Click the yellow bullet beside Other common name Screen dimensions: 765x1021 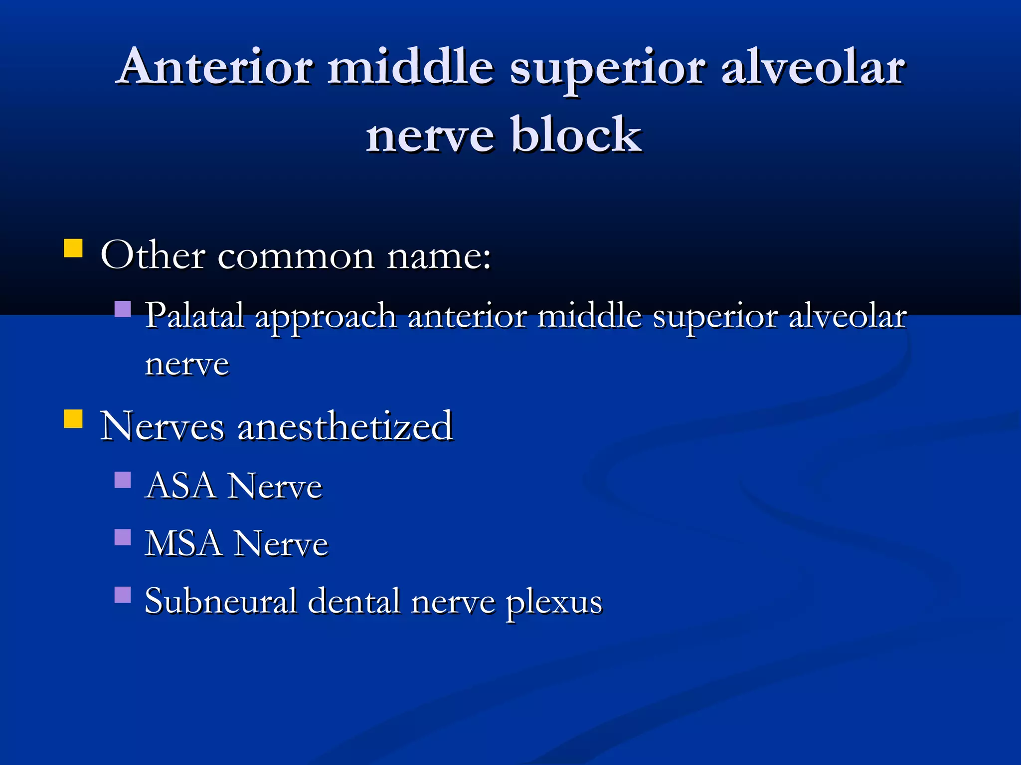click(x=73, y=248)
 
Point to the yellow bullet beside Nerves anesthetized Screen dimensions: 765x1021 click(x=73, y=419)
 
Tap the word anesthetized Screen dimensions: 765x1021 click(x=345, y=426)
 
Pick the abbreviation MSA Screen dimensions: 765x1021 click(x=183, y=543)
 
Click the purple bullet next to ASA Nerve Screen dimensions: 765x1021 click(x=123, y=480)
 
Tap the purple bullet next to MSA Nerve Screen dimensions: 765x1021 click(x=123, y=537)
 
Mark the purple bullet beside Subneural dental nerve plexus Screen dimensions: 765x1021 click(x=123, y=595)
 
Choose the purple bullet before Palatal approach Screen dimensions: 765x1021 click(x=123, y=309)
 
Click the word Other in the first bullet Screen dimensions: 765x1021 click(x=153, y=255)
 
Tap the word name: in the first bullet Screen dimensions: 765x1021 click(x=439, y=256)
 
